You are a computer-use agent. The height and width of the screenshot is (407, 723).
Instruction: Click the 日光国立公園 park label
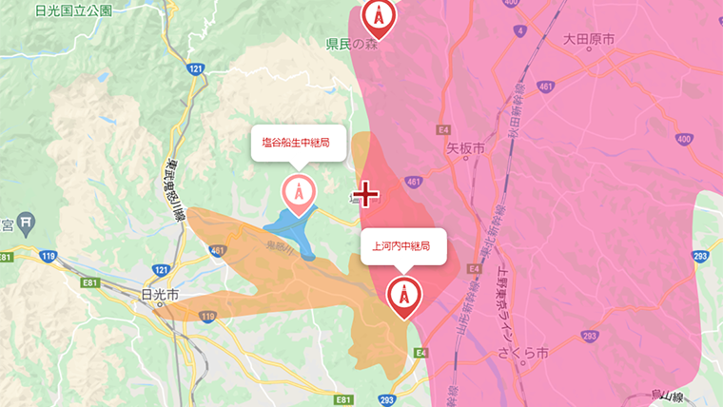pyautogui.click(x=72, y=11)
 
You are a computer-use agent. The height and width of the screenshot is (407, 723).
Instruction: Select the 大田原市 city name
pyautogui.click(x=588, y=39)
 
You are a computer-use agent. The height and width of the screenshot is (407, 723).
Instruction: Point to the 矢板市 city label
pyautogui.click(x=465, y=149)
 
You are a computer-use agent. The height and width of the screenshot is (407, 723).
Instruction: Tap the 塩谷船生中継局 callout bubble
pyautogui.click(x=298, y=145)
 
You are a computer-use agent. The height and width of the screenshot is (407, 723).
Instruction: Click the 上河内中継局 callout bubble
pyautogui.click(x=403, y=246)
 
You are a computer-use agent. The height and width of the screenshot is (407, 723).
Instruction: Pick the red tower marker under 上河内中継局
pyautogui.click(x=403, y=296)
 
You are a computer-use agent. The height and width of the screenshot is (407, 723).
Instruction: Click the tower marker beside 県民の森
pyautogui.click(x=379, y=16)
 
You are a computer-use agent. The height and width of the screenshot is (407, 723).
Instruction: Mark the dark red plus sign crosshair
pyautogui.click(x=365, y=195)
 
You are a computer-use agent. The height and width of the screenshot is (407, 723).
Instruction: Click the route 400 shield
pyautogui.click(x=684, y=139)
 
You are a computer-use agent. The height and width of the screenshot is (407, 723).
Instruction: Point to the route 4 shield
pyautogui.click(x=520, y=31)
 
